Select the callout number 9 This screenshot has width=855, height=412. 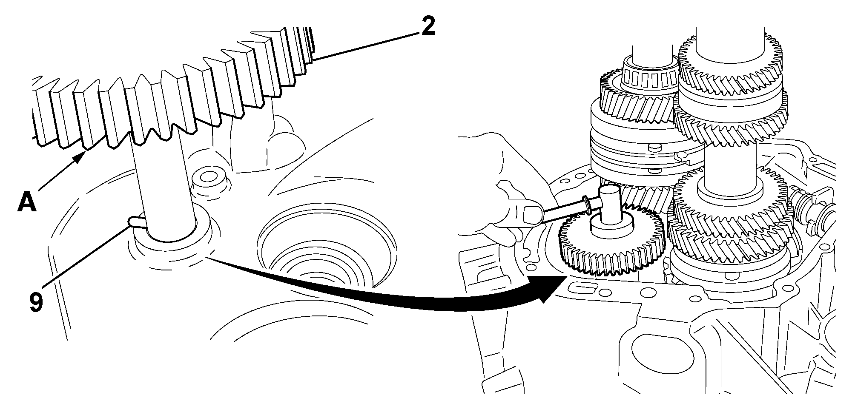click(x=36, y=302)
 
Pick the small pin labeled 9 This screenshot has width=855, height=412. click(x=136, y=222)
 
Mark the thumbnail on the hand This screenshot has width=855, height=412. click(x=533, y=214)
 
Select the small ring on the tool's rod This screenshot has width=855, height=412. click(x=588, y=204)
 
